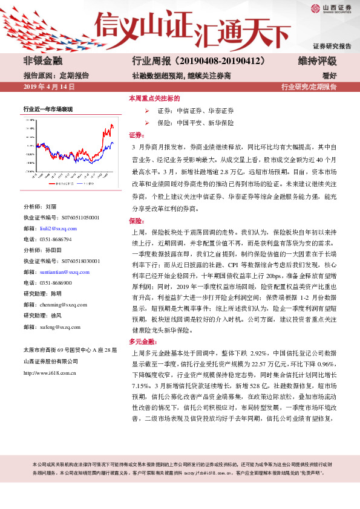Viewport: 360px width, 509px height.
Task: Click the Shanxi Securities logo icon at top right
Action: [x=315, y=8]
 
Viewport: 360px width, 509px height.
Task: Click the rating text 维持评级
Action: [x=318, y=61]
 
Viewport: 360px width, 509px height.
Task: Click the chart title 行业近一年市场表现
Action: [x=48, y=109]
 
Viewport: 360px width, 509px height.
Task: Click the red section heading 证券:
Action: [x=136, y=135]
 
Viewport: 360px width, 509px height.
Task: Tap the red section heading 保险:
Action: [x=136, y=221]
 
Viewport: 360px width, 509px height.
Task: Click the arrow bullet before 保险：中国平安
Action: [x=148, y=122]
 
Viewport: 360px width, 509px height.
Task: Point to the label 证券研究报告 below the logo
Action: [x=332, y=46]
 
